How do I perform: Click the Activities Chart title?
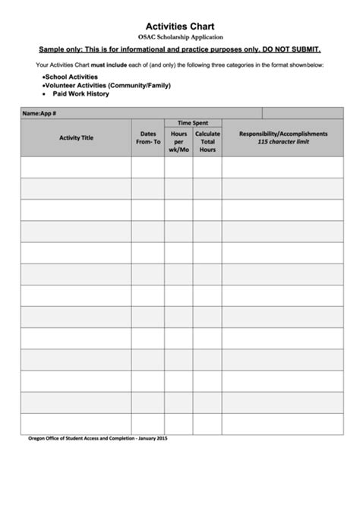click(x=180, y=25)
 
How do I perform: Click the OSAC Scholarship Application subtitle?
click(x=180, y=36)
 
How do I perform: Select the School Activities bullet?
click(x=71, y=77)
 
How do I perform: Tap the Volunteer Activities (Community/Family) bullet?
click(x=106, y=86)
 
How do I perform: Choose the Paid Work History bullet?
click(x=81, y=94)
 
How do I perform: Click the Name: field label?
click(x=30, y=113)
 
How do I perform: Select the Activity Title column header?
click(x=76, y=137)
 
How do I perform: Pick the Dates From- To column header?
click(x=148, y=137)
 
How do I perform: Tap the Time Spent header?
click(x=193, y=122)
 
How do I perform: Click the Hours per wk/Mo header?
click(x=178, y=141)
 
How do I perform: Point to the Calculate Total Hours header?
click(x=207, y=141)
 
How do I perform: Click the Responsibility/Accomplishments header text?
click(x=283, y=134)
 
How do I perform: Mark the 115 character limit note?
click(x=283, y=142)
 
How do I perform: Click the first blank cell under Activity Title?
click(x=76, y=167)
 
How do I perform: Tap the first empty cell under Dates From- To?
click(x=148, y=167)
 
